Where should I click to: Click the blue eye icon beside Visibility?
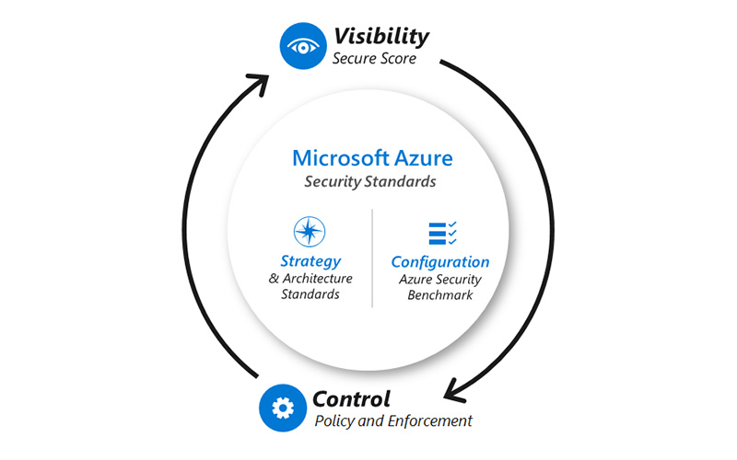point(302,46)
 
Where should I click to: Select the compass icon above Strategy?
point(310,232)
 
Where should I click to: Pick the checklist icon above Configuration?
point(443,233)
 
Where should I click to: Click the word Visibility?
point(380,36)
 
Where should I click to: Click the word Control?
point(351,399)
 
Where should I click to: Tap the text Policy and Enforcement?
point(393,421)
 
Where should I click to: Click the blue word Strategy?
point(310,261)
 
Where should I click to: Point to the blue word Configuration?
point(440,261)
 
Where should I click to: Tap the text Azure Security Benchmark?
point(440,286)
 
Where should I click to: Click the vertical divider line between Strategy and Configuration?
point(372,258)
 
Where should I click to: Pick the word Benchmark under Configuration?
point(440,295)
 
